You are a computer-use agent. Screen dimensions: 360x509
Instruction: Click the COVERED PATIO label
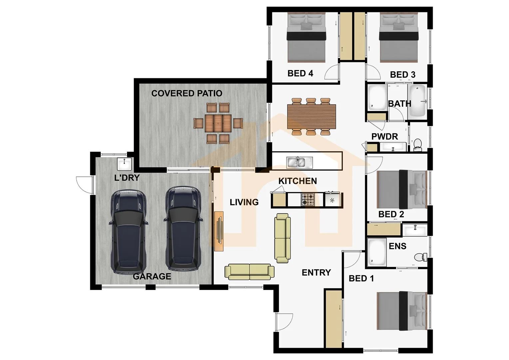[187, 93]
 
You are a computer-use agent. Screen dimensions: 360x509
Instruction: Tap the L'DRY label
[127, 178]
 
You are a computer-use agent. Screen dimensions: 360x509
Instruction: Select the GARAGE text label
[152, 276]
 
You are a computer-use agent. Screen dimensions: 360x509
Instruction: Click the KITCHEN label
[297, 181]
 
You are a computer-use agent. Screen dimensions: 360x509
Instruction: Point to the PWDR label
[384, 136]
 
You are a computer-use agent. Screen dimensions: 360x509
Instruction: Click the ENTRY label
[316, 273]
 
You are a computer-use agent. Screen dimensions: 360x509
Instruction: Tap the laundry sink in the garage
[124, 164]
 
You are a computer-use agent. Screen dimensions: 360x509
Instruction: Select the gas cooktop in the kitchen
[307, 200]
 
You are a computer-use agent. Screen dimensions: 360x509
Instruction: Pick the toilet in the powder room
[417, 144]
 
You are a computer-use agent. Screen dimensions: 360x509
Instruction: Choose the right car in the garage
[183, 229]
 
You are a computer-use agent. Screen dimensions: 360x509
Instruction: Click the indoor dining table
[311, 116]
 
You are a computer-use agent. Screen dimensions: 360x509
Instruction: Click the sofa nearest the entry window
[249, 272]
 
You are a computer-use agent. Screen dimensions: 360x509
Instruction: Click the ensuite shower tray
[377, 252]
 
